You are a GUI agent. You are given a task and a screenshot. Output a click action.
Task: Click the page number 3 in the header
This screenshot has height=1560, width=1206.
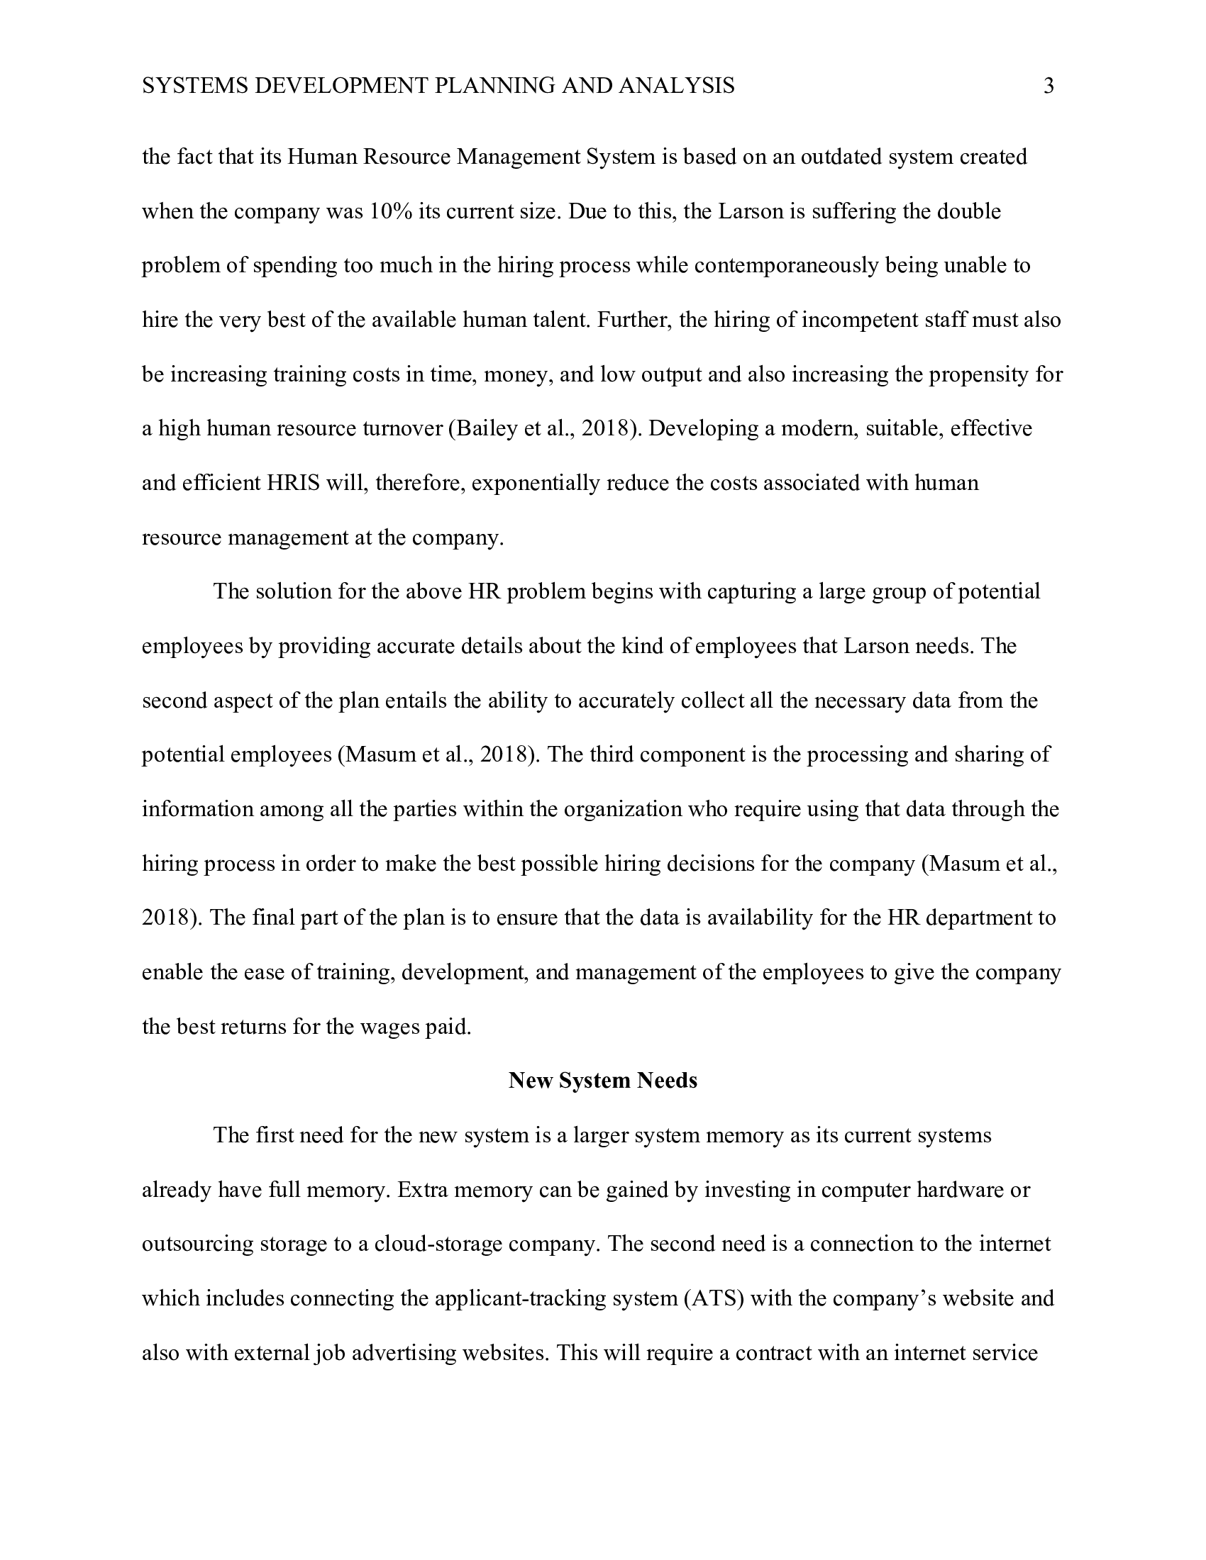point(1048,87)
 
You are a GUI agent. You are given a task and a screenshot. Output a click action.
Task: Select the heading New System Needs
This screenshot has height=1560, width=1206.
point(602,1081)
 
